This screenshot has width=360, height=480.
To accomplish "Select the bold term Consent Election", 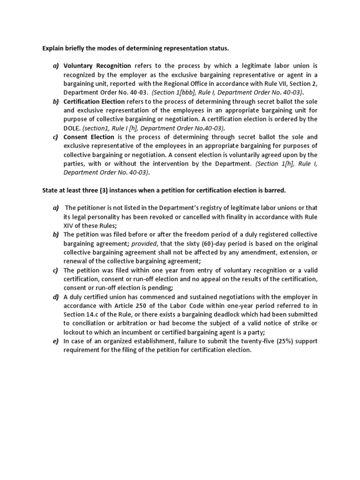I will point(89,137).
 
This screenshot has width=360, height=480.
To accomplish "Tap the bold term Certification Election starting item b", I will point(94,102).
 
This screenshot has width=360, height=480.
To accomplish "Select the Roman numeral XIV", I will point(71,225).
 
